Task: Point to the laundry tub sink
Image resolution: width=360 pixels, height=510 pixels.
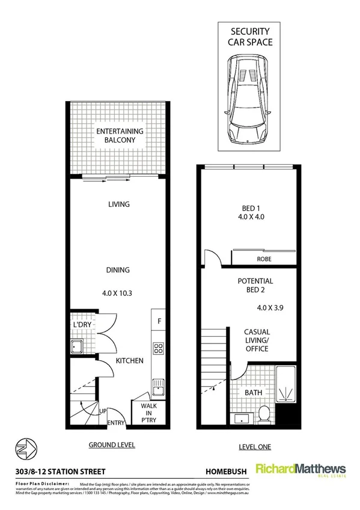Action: click(x=78, y=346)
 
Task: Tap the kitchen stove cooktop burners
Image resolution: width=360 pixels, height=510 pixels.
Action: click(x=159, y=348)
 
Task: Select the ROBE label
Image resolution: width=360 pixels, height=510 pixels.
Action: click(x=264, y=260)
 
